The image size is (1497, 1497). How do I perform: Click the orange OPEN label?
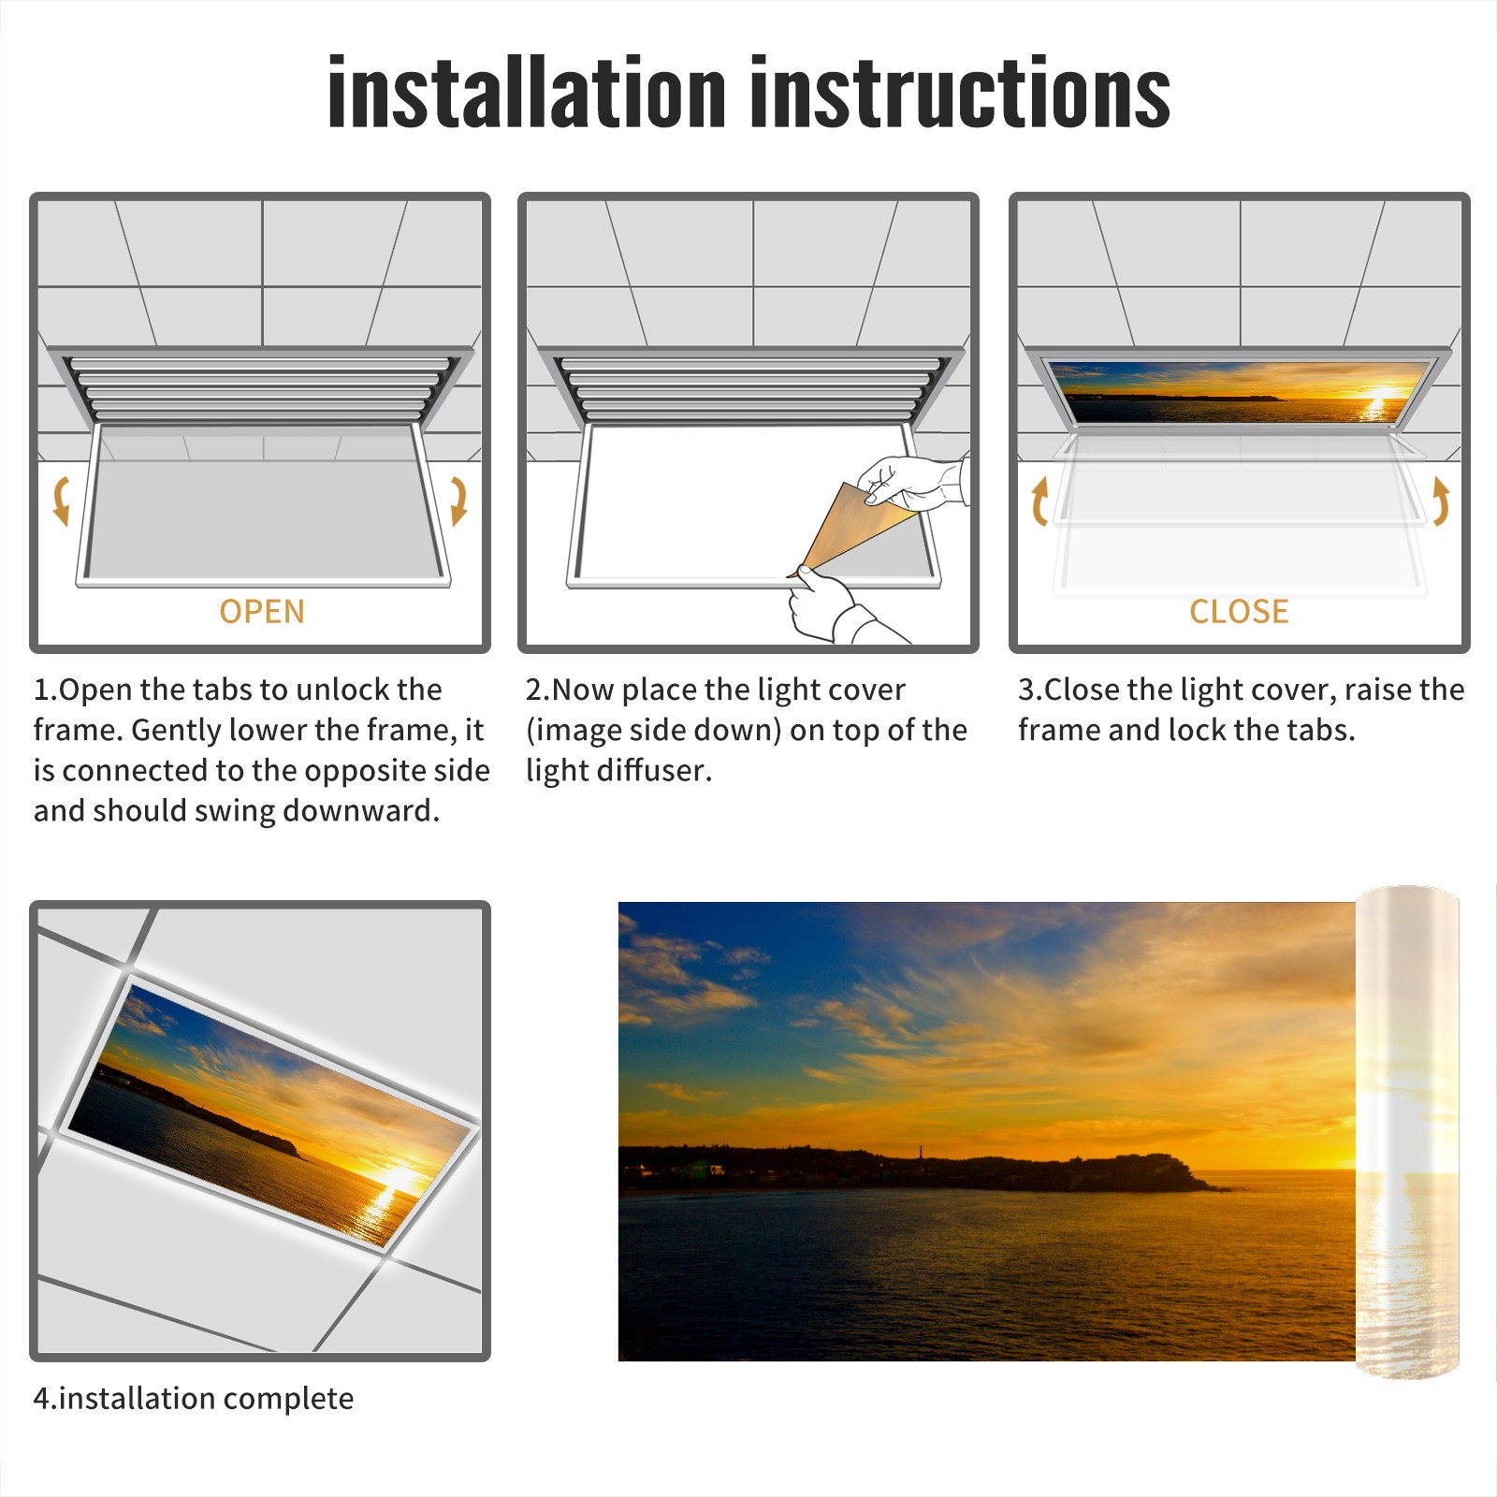262,612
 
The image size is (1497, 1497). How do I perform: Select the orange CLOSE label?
1239,612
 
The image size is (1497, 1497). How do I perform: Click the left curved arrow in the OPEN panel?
61,501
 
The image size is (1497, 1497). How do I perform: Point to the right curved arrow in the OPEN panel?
458,501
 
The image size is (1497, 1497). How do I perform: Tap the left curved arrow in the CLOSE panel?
1039,501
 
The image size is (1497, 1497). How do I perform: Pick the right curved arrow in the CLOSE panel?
1441,501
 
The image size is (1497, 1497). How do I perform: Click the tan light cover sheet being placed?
847,529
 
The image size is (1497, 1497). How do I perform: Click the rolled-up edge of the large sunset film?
1407,1132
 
